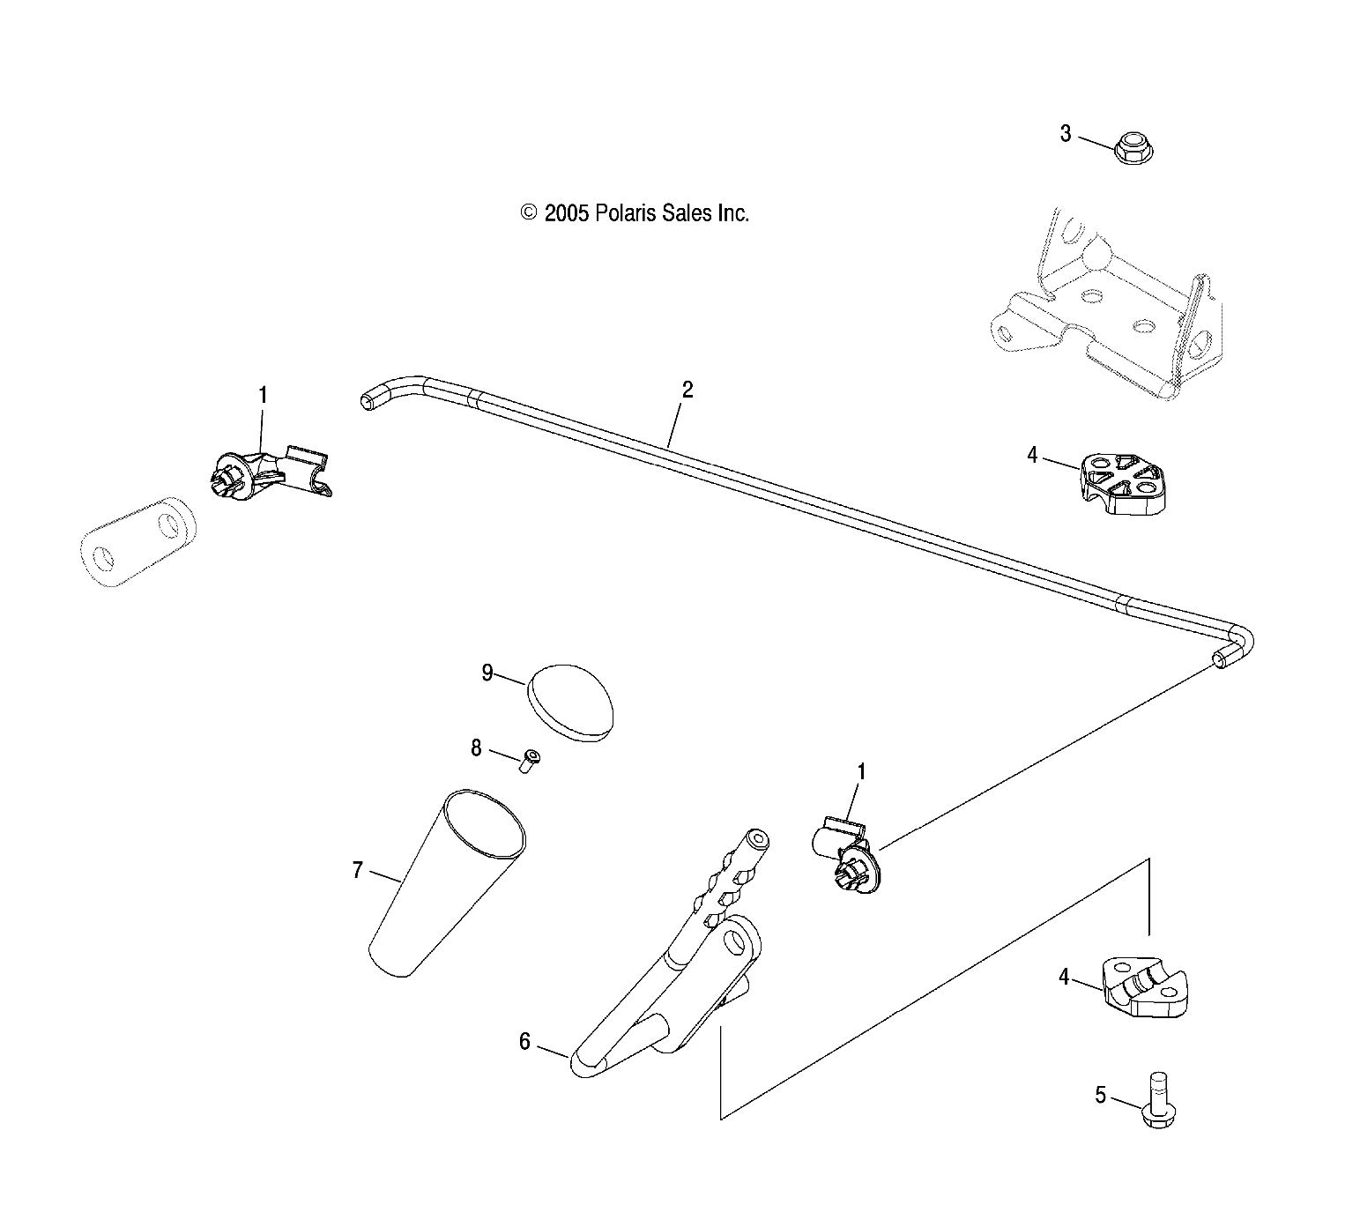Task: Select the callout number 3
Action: tap(1066, 134)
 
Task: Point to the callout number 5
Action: tap(1100, 1095)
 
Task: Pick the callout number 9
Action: tap(487, 673)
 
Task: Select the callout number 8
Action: tap(476, 748)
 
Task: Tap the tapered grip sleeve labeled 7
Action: tap(447, 883)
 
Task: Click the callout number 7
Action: tap(357, 870)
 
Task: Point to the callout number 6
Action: tap(524, 1042)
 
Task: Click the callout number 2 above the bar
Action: tap(687, 390)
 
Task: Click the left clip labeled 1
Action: tap(270, 474)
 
